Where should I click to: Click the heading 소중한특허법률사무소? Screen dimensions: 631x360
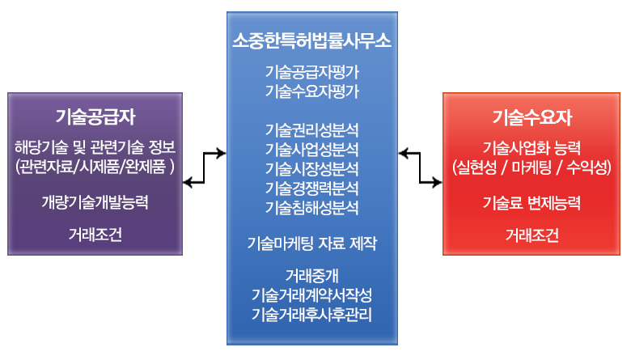312,40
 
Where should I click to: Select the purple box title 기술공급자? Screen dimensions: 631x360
95,116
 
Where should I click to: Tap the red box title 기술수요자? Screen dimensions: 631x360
532,117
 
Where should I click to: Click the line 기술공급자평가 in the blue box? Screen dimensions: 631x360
312,72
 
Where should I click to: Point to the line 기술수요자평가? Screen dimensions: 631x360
312,91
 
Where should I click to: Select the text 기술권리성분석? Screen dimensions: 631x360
312,130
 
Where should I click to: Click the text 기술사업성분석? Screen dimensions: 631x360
312,149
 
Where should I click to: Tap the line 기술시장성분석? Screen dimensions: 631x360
312,168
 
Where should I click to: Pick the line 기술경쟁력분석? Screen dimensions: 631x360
312,188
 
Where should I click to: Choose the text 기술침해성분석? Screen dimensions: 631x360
312,207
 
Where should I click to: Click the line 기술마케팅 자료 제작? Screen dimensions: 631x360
312,243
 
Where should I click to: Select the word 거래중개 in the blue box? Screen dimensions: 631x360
312,276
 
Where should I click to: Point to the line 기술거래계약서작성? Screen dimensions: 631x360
312,295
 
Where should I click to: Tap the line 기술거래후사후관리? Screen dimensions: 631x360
312,315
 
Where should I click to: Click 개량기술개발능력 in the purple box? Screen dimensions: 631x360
95,202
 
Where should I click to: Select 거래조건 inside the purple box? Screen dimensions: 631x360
95,235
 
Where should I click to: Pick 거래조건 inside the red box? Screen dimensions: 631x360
532,235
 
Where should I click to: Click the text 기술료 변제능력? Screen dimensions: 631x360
532,203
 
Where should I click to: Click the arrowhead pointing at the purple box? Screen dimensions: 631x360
188,183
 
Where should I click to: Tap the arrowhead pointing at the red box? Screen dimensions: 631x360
437,183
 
